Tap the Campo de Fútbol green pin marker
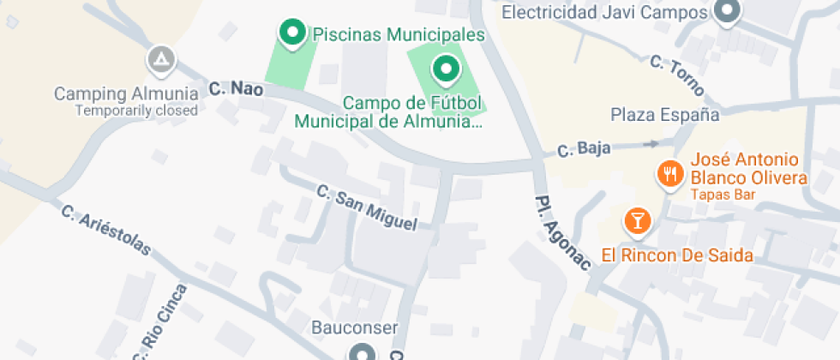click(x=445, y=68)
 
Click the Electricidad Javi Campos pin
click(x=728, y=12)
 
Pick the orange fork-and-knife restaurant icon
click(x=669, y=175)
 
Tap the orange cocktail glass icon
click(x=637, y=220)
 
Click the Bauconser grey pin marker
click(x=362, y=353)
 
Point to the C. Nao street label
click(x=236, y=88)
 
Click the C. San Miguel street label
click(x=366, y=207)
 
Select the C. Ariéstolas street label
click(x=106, y=230)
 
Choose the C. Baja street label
click(x=584, y=149)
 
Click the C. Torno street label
click(x=676, y=75)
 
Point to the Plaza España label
click(x=664, y=115)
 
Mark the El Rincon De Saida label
click(x=677, y=255)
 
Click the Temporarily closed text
click(x=136, y=111)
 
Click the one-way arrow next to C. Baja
click(x=651, y=144)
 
